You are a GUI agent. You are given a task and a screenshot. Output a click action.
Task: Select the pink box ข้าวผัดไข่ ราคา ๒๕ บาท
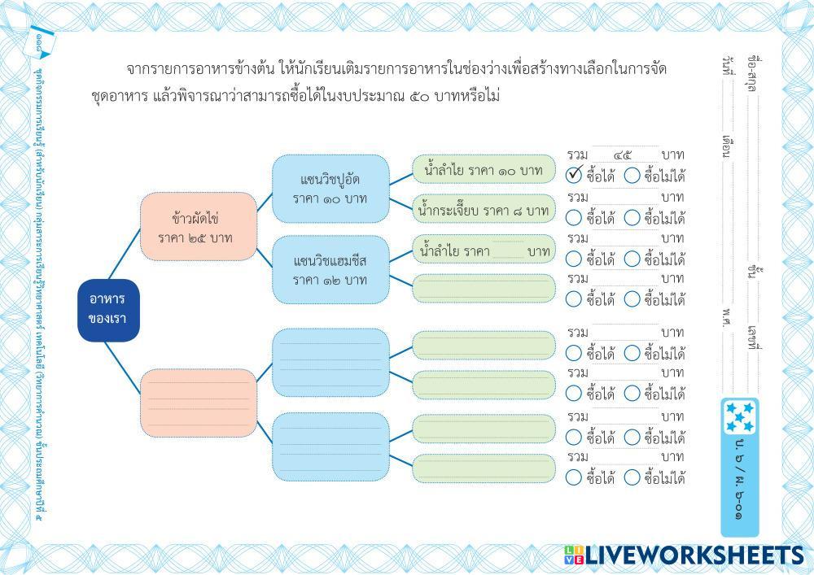tap(195, 228)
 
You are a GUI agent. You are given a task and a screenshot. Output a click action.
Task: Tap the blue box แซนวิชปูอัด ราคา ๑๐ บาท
tap(330, 189)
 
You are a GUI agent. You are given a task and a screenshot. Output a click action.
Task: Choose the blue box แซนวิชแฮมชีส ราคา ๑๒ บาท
tap(330, 270)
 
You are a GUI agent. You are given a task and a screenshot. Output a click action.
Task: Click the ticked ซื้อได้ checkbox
tap(574, 176)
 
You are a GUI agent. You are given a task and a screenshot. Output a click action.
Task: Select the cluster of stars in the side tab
tap(740, 417)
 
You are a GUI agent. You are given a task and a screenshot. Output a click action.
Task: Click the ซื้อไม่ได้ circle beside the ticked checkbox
tap(632, 176)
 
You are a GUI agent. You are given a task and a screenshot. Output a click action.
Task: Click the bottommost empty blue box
tap(330, 446)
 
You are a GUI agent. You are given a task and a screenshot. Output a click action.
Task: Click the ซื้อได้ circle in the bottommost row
tap(574, 477)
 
